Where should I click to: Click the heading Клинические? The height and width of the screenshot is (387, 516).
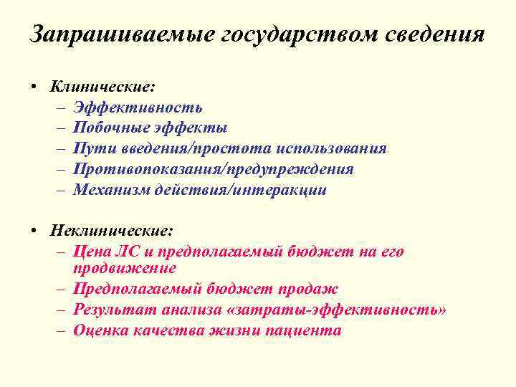pyautogui.click(x=102, y=87)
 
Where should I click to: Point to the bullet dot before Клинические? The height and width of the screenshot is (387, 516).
pyautogui.click(x=34, y=87)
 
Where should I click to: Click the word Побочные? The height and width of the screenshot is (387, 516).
pyautogui.click(x=109, y=128)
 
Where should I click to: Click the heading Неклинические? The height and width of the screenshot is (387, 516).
pyautogui.click(x=112, y=231)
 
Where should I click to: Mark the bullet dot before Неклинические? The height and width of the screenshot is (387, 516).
pyautogui.click(x=34, y=231)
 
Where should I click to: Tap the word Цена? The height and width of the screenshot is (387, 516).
pyautogui.click(x=90, y=252)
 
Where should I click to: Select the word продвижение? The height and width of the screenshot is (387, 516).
pyautogui.click(x=125, y=269)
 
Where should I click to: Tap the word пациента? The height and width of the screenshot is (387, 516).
pyautogui.click(x=303, y=331)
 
